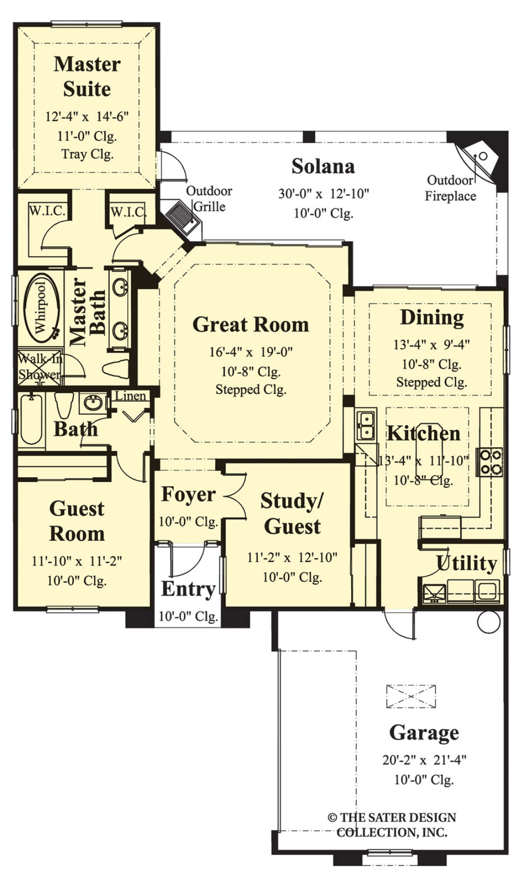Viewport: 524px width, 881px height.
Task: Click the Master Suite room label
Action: (x=87, y=76)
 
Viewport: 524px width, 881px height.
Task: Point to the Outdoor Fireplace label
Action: (x=450, y=188)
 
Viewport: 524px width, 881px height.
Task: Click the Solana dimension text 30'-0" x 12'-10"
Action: (x=324, y=193)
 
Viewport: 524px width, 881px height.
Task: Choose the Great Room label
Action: (x=251, y=325)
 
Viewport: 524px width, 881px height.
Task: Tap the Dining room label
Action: (x=432, y=318)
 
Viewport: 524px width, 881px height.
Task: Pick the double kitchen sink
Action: (x=366, y=425)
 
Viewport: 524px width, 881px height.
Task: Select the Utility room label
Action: (x=466, y=563)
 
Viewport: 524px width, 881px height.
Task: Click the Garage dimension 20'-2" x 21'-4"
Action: (x=424, y=760)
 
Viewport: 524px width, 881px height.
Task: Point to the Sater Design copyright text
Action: (x=392, y=825)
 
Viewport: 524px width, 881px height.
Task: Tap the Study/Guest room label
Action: (x=292, y=513)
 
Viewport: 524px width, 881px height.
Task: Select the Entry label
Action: (x=188, y=589)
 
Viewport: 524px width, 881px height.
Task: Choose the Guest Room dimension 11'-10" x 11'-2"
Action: (x=77, y=560)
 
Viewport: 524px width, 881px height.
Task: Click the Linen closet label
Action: (x=130, y=396)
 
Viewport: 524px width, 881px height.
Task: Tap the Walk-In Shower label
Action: (x=40, y=366)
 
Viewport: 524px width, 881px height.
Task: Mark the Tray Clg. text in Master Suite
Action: (x=87, y=154)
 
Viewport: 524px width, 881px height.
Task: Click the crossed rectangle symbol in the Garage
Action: (x=411, y=696)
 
